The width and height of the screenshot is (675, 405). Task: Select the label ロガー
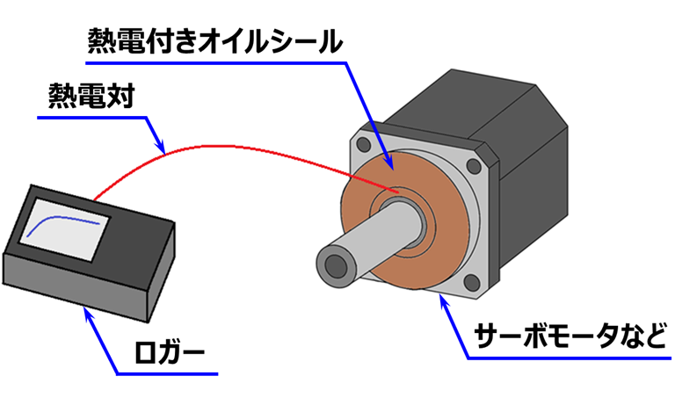(x=171, y=356)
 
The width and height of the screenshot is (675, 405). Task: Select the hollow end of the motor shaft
(x=335, y=264)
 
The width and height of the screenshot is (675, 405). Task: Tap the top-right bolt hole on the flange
(x=475, y=164)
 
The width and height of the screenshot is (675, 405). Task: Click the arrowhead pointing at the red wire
(x=161, y=146)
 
